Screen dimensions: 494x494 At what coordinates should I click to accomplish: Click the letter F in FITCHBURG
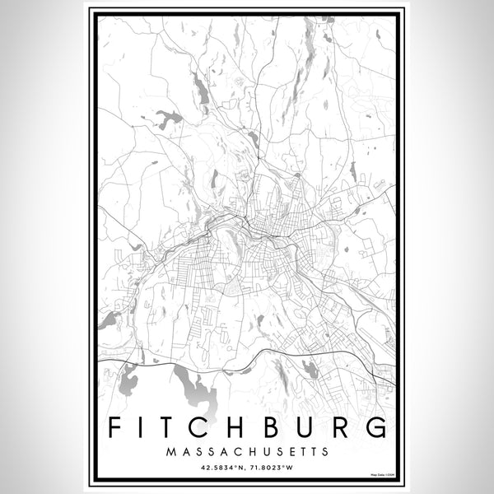click(114, 429)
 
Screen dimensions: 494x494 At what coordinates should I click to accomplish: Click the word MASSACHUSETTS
click(247, 452)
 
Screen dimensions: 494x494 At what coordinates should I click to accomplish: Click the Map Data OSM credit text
click(382, 476)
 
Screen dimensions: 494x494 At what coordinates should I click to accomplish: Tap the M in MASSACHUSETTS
click(170, 452)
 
